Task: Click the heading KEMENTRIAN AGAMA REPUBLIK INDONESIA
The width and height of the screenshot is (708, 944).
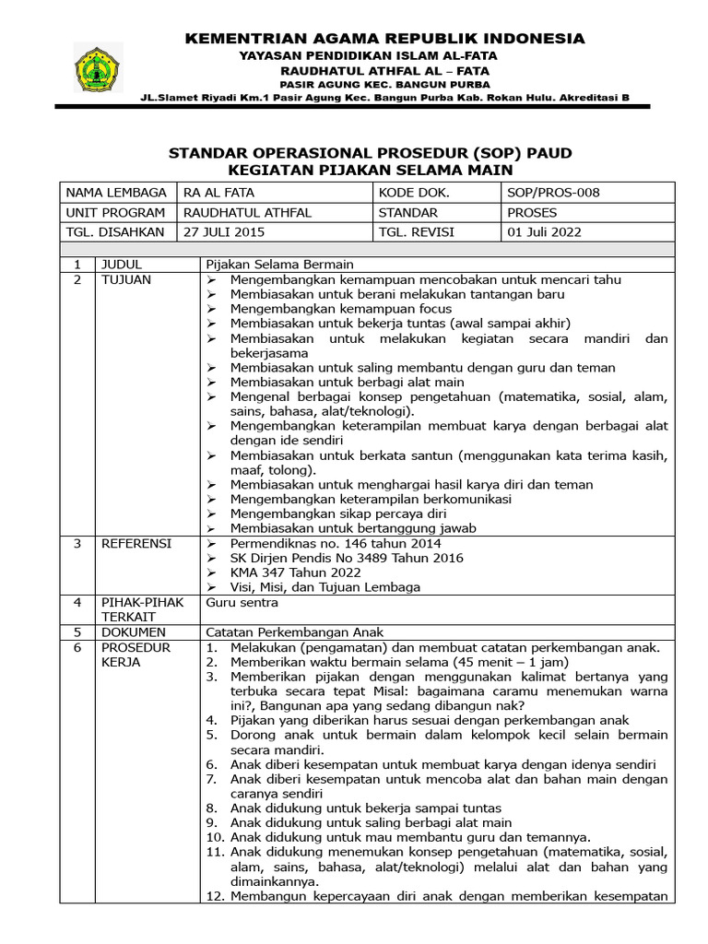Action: [385, 38]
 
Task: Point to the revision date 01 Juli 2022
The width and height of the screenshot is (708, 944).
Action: [545, 232]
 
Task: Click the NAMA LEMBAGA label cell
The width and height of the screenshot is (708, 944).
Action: [115, 193]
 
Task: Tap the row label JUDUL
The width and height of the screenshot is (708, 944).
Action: [122, 264]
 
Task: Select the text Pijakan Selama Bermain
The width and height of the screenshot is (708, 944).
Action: [279, 264]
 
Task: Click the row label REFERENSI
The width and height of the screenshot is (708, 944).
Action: [136, 544]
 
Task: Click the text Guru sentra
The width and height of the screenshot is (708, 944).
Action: [242, 602]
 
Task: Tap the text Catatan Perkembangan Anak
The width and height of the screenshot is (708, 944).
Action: [294, 632]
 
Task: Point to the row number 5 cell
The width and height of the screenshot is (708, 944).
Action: [78, 632]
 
